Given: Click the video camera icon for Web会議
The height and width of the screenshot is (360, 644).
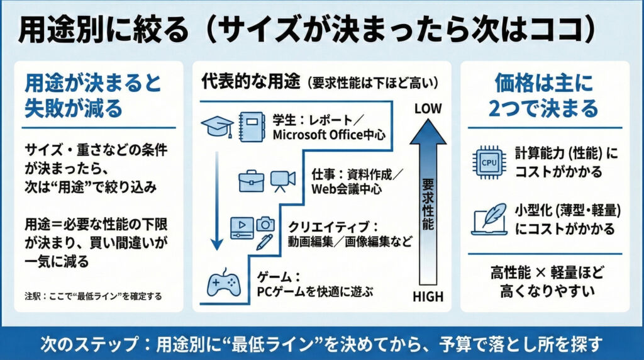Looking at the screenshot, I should coord(282,181).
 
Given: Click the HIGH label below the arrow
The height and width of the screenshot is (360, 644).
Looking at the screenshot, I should coord(428,296).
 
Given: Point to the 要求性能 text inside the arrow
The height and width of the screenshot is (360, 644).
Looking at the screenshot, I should coord(428,207).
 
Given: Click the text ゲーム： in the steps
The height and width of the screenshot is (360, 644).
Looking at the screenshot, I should coord(276,276).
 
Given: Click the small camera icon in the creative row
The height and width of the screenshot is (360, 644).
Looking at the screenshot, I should coord(265,223).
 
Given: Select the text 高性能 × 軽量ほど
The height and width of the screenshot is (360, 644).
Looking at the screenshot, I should coord(545,274).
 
